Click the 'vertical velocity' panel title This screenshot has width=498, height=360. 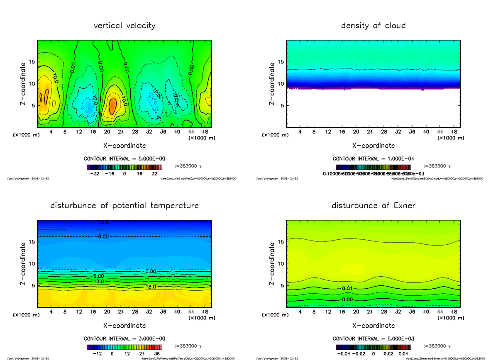[x=124, y=26]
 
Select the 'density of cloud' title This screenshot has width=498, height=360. [x=373, y=26]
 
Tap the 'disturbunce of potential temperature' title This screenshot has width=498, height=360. [x=124, y=206]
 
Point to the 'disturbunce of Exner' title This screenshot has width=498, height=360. [x=373, y=206]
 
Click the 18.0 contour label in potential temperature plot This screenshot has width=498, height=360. [x=150, y=287]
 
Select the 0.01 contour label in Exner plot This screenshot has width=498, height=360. [x=348, y=288]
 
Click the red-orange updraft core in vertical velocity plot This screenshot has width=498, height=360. [x=112, y=106]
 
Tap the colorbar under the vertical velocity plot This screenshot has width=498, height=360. [x=124, y=167]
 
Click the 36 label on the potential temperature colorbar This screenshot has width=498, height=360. [x=157, y=354]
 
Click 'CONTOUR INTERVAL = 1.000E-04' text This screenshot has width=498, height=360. [x=373, y=159]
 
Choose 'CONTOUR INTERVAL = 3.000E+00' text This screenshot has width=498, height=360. [x=124, y=339]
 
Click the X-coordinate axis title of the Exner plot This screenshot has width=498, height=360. [x=373, y=326]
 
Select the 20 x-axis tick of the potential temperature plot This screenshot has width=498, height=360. [x=107, y=312]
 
